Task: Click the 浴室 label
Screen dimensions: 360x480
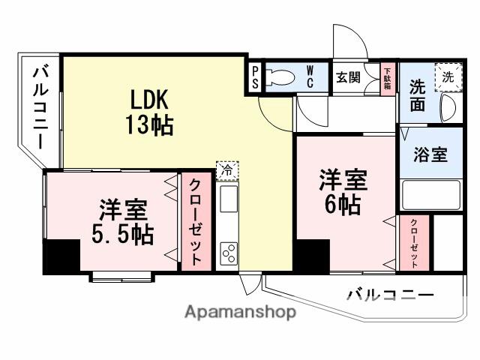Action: [430, 155]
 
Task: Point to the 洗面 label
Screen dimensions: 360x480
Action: [418, 95]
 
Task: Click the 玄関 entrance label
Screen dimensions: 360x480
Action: [347, 76]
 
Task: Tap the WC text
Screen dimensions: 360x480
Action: [309, 76]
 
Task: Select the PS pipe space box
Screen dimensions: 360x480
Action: [255, 77]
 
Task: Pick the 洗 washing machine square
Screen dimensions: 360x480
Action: [448, 76]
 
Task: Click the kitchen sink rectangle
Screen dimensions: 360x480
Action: [228, 200]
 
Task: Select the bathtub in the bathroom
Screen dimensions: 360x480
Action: [430, 194]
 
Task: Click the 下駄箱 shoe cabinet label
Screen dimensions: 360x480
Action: [387, 77]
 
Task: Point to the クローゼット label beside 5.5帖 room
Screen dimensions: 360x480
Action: [194, 220]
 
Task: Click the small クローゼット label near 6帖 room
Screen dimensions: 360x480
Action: [413, 244]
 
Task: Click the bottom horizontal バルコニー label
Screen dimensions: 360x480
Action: [389, 295]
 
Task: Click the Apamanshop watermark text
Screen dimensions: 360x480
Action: [240, 312]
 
